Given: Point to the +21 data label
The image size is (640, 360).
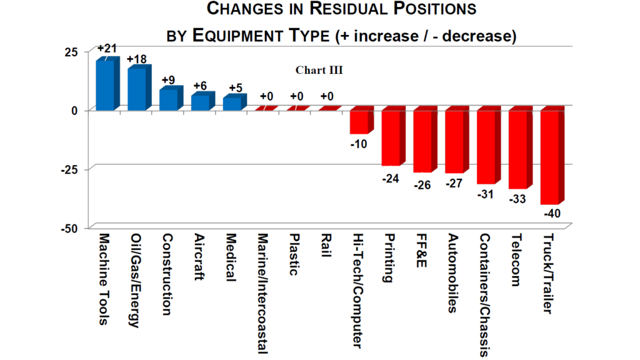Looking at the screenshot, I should click(108, 48).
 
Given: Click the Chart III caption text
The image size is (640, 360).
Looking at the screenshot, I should click(319, 70).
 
